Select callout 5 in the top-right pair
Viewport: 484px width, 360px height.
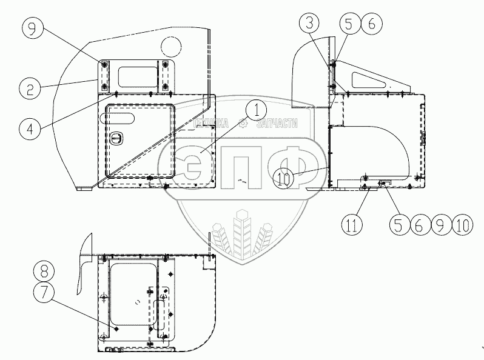coord(350,24)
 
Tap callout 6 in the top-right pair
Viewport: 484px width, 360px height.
coord(371,24)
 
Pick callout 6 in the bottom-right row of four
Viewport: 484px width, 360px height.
coord(419,225)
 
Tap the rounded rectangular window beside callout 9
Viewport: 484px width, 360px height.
coord(137,76)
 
